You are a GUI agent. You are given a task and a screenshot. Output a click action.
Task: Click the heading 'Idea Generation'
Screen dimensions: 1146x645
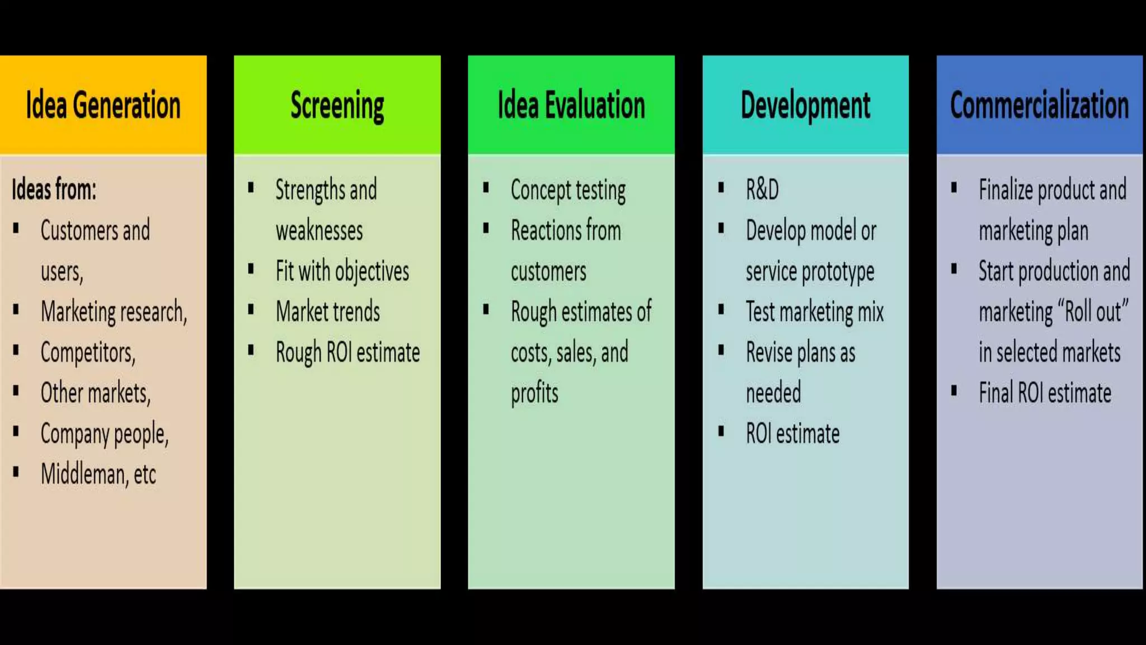tap(103, 105)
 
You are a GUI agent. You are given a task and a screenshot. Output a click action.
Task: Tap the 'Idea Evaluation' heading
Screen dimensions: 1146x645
tap(571, 105)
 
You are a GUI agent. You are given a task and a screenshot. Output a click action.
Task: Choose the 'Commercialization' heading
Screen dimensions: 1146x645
tap(1039, 105)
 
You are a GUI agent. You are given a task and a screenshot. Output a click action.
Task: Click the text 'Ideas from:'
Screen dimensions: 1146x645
tap(54, 189)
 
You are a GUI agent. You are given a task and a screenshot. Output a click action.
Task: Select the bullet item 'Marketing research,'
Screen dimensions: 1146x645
tap(114, 312)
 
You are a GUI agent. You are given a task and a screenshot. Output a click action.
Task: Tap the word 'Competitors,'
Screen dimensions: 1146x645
tap(88, 353)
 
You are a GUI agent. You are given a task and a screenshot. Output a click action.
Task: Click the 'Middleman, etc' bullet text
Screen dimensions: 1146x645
tap(98, 474)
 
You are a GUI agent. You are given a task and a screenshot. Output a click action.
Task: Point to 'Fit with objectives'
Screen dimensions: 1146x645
tap(342, 272)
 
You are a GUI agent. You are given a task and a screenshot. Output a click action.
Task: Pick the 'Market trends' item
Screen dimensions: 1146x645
tap(327, 312)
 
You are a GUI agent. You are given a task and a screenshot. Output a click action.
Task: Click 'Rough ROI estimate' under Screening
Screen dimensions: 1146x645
tap(347, 353)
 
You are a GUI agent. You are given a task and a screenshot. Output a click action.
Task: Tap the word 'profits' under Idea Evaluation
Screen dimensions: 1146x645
tap(534, 393)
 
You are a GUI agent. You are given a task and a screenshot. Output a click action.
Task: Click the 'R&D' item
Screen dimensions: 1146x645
tap(762, 189)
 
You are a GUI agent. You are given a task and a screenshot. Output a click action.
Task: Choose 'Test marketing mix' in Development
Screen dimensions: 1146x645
tap(814, 312)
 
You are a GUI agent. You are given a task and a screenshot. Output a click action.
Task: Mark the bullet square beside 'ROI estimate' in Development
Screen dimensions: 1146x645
tap(721, 431)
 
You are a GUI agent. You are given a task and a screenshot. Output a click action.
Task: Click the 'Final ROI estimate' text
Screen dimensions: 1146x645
tap(1045, 393)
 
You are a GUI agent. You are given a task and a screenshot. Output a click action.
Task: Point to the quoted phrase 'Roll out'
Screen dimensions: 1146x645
tap(1092, 312)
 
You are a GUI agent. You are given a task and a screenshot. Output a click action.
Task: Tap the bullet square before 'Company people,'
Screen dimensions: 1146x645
tap(16, 431)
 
